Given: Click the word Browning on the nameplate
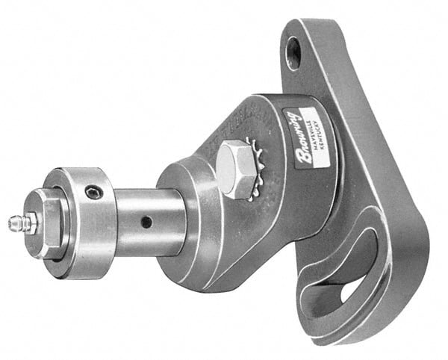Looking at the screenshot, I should click(294, 137).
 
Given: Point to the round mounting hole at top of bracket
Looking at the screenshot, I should click(293, 52).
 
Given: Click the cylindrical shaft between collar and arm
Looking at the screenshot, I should click(149, 221).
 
